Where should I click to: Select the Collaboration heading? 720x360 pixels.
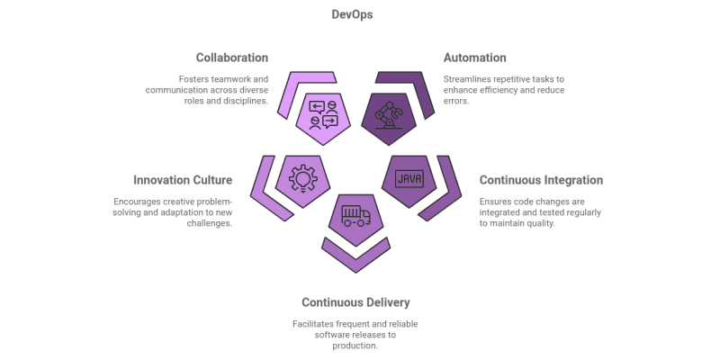click(x=231, y=58)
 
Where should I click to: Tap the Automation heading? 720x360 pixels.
click(x=474, y=58)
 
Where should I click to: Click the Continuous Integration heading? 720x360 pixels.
click(x=540, y=180)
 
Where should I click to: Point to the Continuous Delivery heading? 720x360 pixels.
click(x=355, y=302)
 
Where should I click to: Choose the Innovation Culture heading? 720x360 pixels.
click(x=183, y=180)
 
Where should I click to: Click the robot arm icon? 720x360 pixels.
click(x=387, y=119)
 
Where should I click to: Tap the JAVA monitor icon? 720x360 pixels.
click(x=409, y=177)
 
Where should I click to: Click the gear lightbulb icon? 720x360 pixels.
click(x=302, y=177)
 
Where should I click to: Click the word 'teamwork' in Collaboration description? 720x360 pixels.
click(x=224, y=79)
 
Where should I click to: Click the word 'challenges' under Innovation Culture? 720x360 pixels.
click(x=209, y=223)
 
